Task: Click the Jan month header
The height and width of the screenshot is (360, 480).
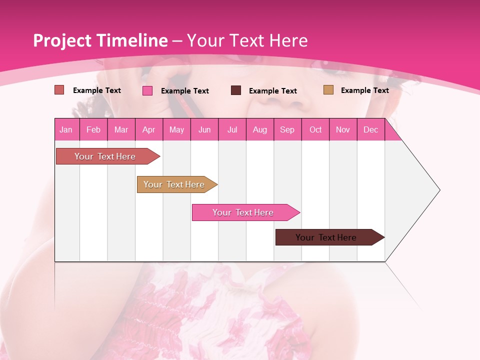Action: click(66, 129)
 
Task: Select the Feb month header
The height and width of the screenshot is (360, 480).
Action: click(93, 129)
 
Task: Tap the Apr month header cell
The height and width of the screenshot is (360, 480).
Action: click(148, 129)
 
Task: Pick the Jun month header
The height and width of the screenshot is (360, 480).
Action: click(204, 129)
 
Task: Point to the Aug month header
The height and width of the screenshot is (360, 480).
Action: click(260, 129)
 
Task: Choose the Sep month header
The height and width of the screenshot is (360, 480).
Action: click(287, 129)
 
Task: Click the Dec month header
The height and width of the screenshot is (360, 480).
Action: click(371, 129)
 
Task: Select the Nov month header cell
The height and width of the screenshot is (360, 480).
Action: click(343, 129)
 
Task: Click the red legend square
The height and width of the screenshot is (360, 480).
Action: click(59, 90)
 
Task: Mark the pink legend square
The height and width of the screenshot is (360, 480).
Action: click(147, 90)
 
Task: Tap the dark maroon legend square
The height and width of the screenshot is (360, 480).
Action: click(236, 90)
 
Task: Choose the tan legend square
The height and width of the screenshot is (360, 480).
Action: click(328, 90)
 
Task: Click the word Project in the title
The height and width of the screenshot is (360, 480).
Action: click(62, 40)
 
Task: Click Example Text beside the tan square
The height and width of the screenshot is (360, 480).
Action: click(364, 90)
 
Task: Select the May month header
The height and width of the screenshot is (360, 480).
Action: click(176, 129)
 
